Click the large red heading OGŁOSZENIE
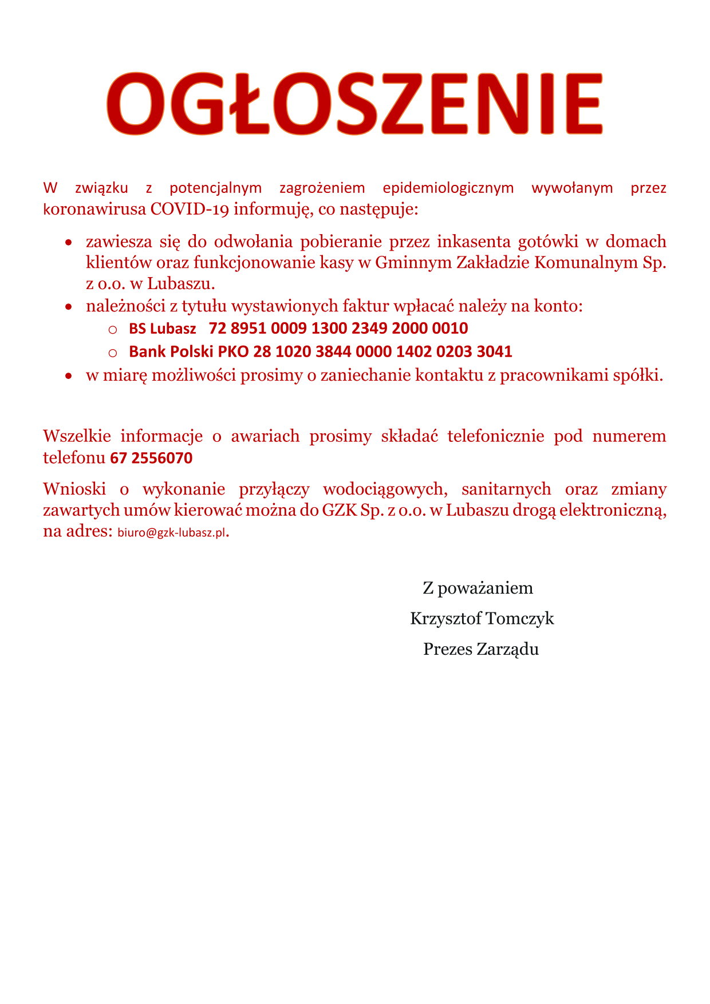354,104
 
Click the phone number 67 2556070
151,458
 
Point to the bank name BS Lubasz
163,329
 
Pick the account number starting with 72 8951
338,329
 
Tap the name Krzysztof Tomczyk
482,618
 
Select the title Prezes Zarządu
481,649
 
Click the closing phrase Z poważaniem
478,588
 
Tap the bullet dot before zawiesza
69,243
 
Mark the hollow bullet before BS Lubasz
112,330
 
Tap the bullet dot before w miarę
69,377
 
